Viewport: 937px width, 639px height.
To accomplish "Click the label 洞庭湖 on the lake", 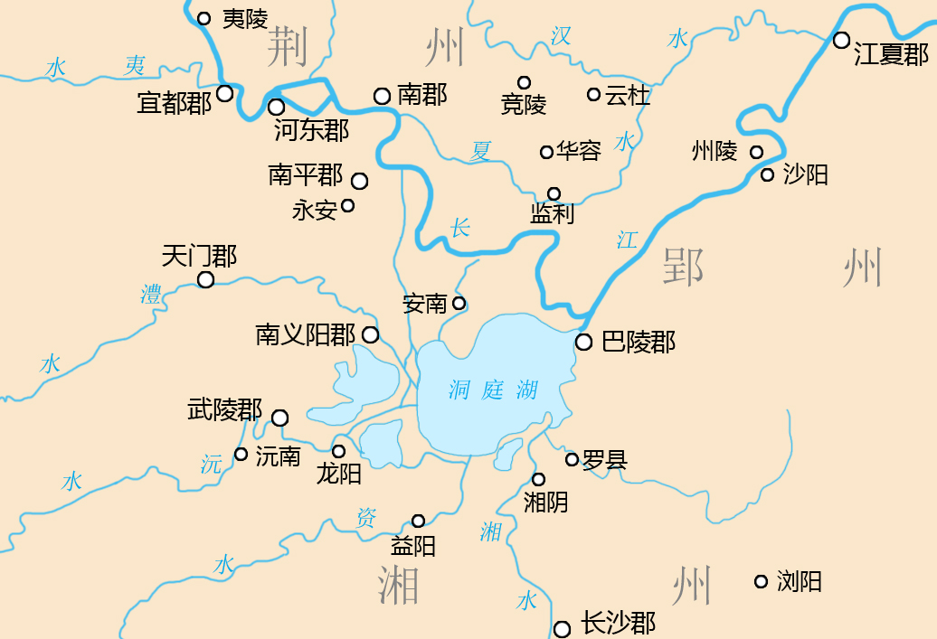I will pyautogui.click(x=493, y=390).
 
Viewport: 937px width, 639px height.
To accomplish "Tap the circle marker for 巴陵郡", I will pyautogui.click(x=584, y=342).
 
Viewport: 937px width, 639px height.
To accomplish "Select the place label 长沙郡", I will pyautogui.click(x=618, y=623).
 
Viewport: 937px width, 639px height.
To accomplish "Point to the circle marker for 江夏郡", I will pyautogui.click(x=841, y=40).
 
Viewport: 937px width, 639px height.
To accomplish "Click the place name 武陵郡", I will pyautogui.click(x=224, y=410).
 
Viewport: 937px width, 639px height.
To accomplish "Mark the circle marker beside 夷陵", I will pyautogui.click(x=203, y=18).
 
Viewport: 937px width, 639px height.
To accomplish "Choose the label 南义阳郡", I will pyautogui.click(x=306, y=336).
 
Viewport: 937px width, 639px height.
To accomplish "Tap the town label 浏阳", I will pyautogui.click(x=800, y=582).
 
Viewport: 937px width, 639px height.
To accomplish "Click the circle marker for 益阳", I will pyautogui.click(x=418, y=521).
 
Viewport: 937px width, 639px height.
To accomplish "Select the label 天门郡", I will pyautogui.click(x=199, y=257).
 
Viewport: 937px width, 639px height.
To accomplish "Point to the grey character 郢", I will pyautogui.click(x=684, y=268).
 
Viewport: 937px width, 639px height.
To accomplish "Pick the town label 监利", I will pyautogui.click(x=552, y=215).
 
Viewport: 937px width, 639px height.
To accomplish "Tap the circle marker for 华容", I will pyautogui.click(x=546, y=152).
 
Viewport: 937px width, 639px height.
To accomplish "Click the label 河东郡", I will pyautogui.click(x=310, y=131).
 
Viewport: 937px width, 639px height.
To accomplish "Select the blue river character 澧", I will pyautogui.click(x=151, y=294).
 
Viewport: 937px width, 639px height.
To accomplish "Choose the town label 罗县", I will pyautogui.click(x=605, y=460).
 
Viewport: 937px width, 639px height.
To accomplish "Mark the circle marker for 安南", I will pyautogui.click(x=459, y=303).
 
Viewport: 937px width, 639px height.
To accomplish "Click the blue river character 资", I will pyautogui.click(x=365, y=518).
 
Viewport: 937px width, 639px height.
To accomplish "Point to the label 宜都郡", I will pyautogui.click(x=174, y=103).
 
